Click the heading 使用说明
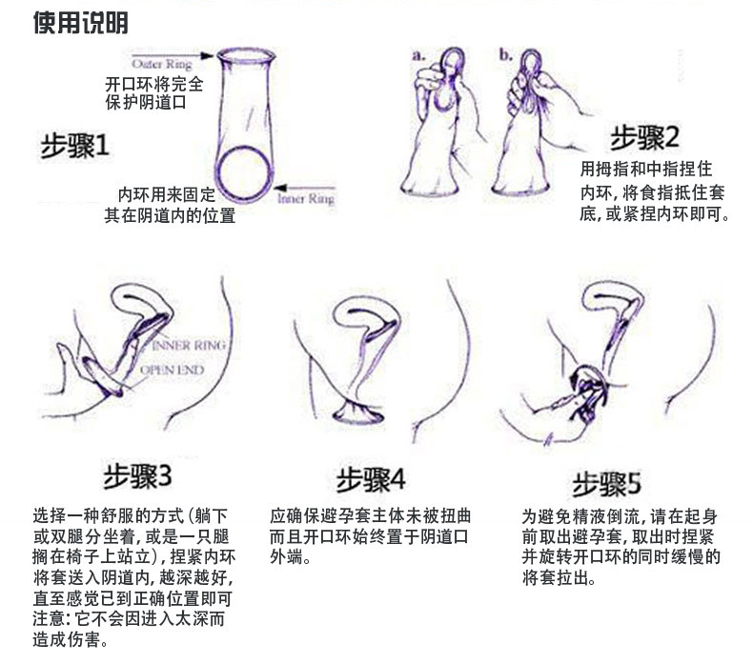tap(80, 22)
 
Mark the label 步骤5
tap(606, 482)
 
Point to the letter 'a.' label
tap(418, 54)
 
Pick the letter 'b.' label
tap(505, 54)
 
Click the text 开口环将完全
tap(153, 84)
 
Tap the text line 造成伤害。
tap(71, 640)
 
